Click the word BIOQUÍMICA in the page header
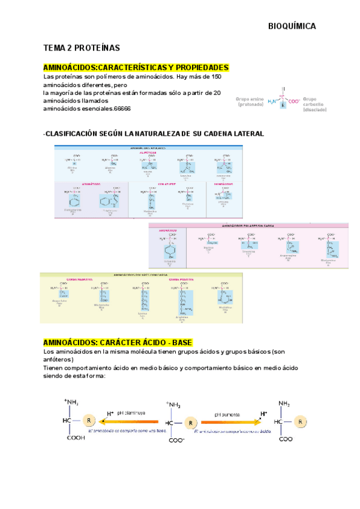291,26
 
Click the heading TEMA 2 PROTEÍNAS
82,47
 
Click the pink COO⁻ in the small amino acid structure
294,101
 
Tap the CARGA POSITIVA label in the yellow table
181,280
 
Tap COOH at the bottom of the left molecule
75,439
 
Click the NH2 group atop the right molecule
286,404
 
